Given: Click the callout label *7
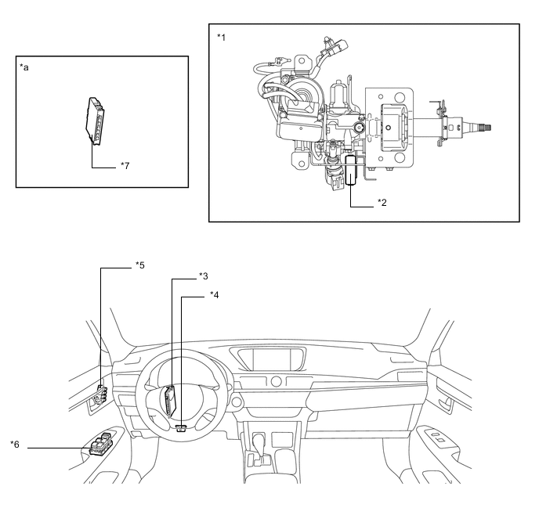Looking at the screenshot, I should [x=124, y=167].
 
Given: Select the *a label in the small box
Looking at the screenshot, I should [x=24, y=68].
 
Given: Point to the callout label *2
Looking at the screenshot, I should [x=382, y=203].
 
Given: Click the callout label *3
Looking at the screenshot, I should [x=203, y=276].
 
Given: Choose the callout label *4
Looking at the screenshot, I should [x=214, y=296].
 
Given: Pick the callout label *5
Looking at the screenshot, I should [x=139, y=265].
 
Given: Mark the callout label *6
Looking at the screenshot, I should [x=15, y=445].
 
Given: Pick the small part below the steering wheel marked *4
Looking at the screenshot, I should [x=182, y=427].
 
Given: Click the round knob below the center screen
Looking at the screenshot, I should [x=275, y=382].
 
